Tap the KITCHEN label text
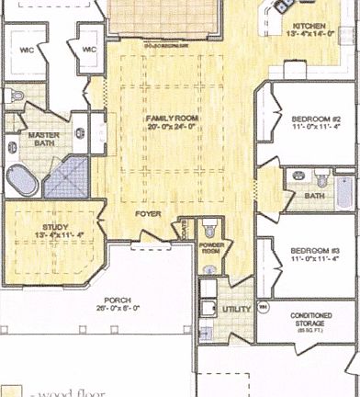point(309,27)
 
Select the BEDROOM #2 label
point(316,119)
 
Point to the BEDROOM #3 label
point(316,251)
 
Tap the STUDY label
point(55,226)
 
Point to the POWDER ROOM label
point(211,247)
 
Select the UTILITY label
point(236,309)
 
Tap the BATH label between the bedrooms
point(315,196)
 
